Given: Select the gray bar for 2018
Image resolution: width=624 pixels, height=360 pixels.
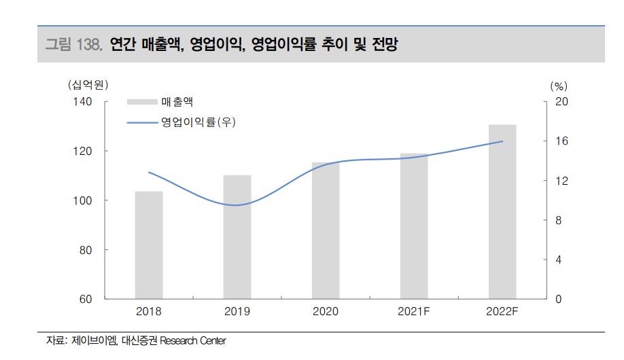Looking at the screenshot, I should coord(148,245).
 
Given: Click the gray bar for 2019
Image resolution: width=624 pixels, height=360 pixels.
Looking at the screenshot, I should coord(237,237).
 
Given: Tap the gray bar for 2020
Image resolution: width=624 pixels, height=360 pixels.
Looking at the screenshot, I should coord(326,231).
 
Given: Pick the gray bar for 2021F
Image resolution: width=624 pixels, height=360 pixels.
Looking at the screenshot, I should coord(414,226).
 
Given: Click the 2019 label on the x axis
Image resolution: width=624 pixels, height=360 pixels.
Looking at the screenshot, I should coord(237,312).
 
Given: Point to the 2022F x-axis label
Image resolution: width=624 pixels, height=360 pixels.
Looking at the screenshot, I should coord(502,312).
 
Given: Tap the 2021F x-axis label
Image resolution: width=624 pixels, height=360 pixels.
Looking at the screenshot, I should coord(414,312).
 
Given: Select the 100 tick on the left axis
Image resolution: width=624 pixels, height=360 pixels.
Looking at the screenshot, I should coord(82,200).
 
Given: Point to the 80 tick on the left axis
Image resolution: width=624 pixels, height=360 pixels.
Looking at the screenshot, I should coord(85,250).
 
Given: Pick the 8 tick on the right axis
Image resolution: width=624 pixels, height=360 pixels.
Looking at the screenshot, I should coord(559,221).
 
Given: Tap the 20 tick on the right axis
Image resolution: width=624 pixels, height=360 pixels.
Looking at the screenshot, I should coord(561,102).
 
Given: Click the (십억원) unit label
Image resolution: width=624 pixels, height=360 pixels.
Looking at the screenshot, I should coord(88,85).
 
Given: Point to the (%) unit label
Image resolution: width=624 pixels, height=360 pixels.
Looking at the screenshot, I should coord(558,86).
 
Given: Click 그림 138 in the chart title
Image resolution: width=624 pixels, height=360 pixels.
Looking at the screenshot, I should coord(73,45).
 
